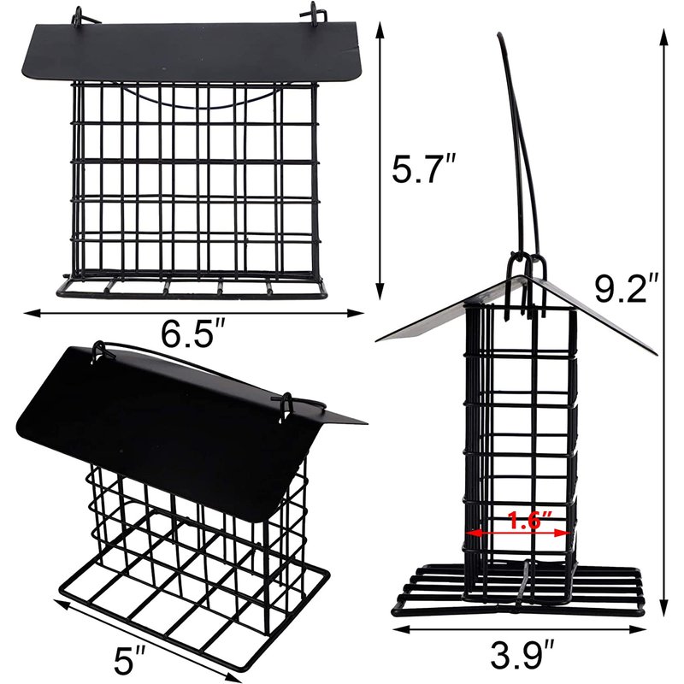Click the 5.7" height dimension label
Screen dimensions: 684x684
pos(423,168)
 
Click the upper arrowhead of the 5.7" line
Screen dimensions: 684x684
pos(380,32)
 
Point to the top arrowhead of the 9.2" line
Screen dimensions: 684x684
pos(664,38)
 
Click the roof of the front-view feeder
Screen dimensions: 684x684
pos(192,50)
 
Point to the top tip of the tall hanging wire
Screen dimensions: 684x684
pos(498,35)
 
